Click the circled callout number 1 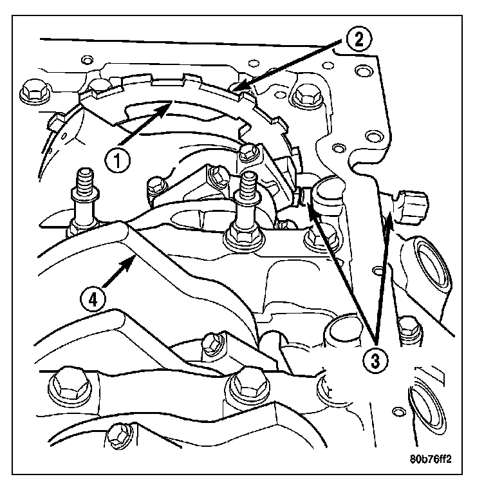tap(117, 160)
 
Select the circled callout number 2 tap(358, 39)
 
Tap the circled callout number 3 tap(375, 361)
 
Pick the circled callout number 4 tap(93, 299)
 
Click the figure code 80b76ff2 tap(430, 459)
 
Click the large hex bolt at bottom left tap(70, 386)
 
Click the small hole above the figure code tap(398, 412)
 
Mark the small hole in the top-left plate tap(87, 60)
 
